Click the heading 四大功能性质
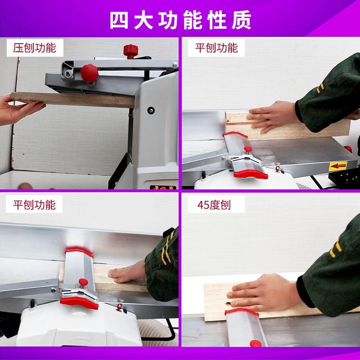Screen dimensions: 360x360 click(x=180, y=20)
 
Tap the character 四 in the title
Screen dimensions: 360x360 click(x=119, y=20)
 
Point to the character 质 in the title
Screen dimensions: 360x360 click(x=242, y=20)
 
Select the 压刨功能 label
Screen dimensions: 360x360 click(x=35, y=48)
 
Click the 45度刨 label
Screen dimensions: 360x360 click(x=214, y=205)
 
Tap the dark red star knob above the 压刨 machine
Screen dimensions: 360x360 click(x=130, y=51)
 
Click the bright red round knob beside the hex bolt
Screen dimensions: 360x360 click(x=89, y=73)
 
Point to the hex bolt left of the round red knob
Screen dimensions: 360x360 click(x=68, y=73)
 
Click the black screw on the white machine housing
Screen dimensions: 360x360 click(x=151, y=110)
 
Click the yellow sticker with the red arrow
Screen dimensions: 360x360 click(x=338, y=166)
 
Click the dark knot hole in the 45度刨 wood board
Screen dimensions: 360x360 click(x=229, y=304)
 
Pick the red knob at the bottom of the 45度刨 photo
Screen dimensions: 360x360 click(x=256, y=343)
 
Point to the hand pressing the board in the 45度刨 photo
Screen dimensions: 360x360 click(x=264, y=292)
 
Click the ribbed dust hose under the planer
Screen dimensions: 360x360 click(x=158, y=332)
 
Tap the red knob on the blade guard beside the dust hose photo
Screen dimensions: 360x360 click(x=83, y=282)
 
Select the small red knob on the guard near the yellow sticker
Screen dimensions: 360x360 click(x=248, y=149)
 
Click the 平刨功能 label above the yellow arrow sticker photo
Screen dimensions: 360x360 click(x=216, y=48)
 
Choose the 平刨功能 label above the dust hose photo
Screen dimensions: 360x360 click(x=34, y=205)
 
